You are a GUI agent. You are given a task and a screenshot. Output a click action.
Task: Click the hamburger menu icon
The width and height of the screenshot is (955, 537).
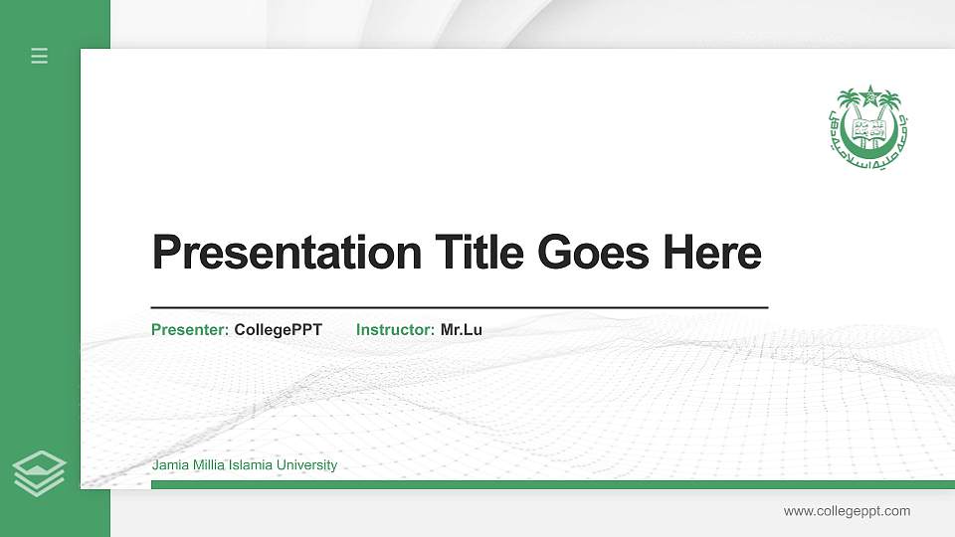pos(40,56)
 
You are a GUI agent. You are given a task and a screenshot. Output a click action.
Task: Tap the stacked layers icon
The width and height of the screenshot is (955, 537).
pos(40,472)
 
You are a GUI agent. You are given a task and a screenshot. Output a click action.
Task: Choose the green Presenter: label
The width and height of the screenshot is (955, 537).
pos(190,329)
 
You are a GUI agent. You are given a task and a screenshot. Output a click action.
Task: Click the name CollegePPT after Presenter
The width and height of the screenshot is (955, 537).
pos(278,329)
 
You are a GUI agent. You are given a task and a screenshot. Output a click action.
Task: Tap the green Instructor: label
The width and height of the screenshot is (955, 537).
pos(395,329)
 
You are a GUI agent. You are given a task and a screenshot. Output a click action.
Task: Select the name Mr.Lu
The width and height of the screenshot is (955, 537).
pos(462,329)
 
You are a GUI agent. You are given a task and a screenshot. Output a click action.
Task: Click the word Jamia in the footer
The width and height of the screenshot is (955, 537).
pos(169,465)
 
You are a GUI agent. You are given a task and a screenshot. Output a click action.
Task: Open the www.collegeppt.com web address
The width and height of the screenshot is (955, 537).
pos(847,511)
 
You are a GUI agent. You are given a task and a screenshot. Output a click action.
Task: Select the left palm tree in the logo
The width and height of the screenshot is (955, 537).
pos(849,101)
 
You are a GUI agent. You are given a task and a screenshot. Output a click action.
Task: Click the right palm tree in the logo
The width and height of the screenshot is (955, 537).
pos(888,101)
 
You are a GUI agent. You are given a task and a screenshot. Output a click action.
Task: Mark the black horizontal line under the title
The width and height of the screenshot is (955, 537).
pos(460,308)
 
